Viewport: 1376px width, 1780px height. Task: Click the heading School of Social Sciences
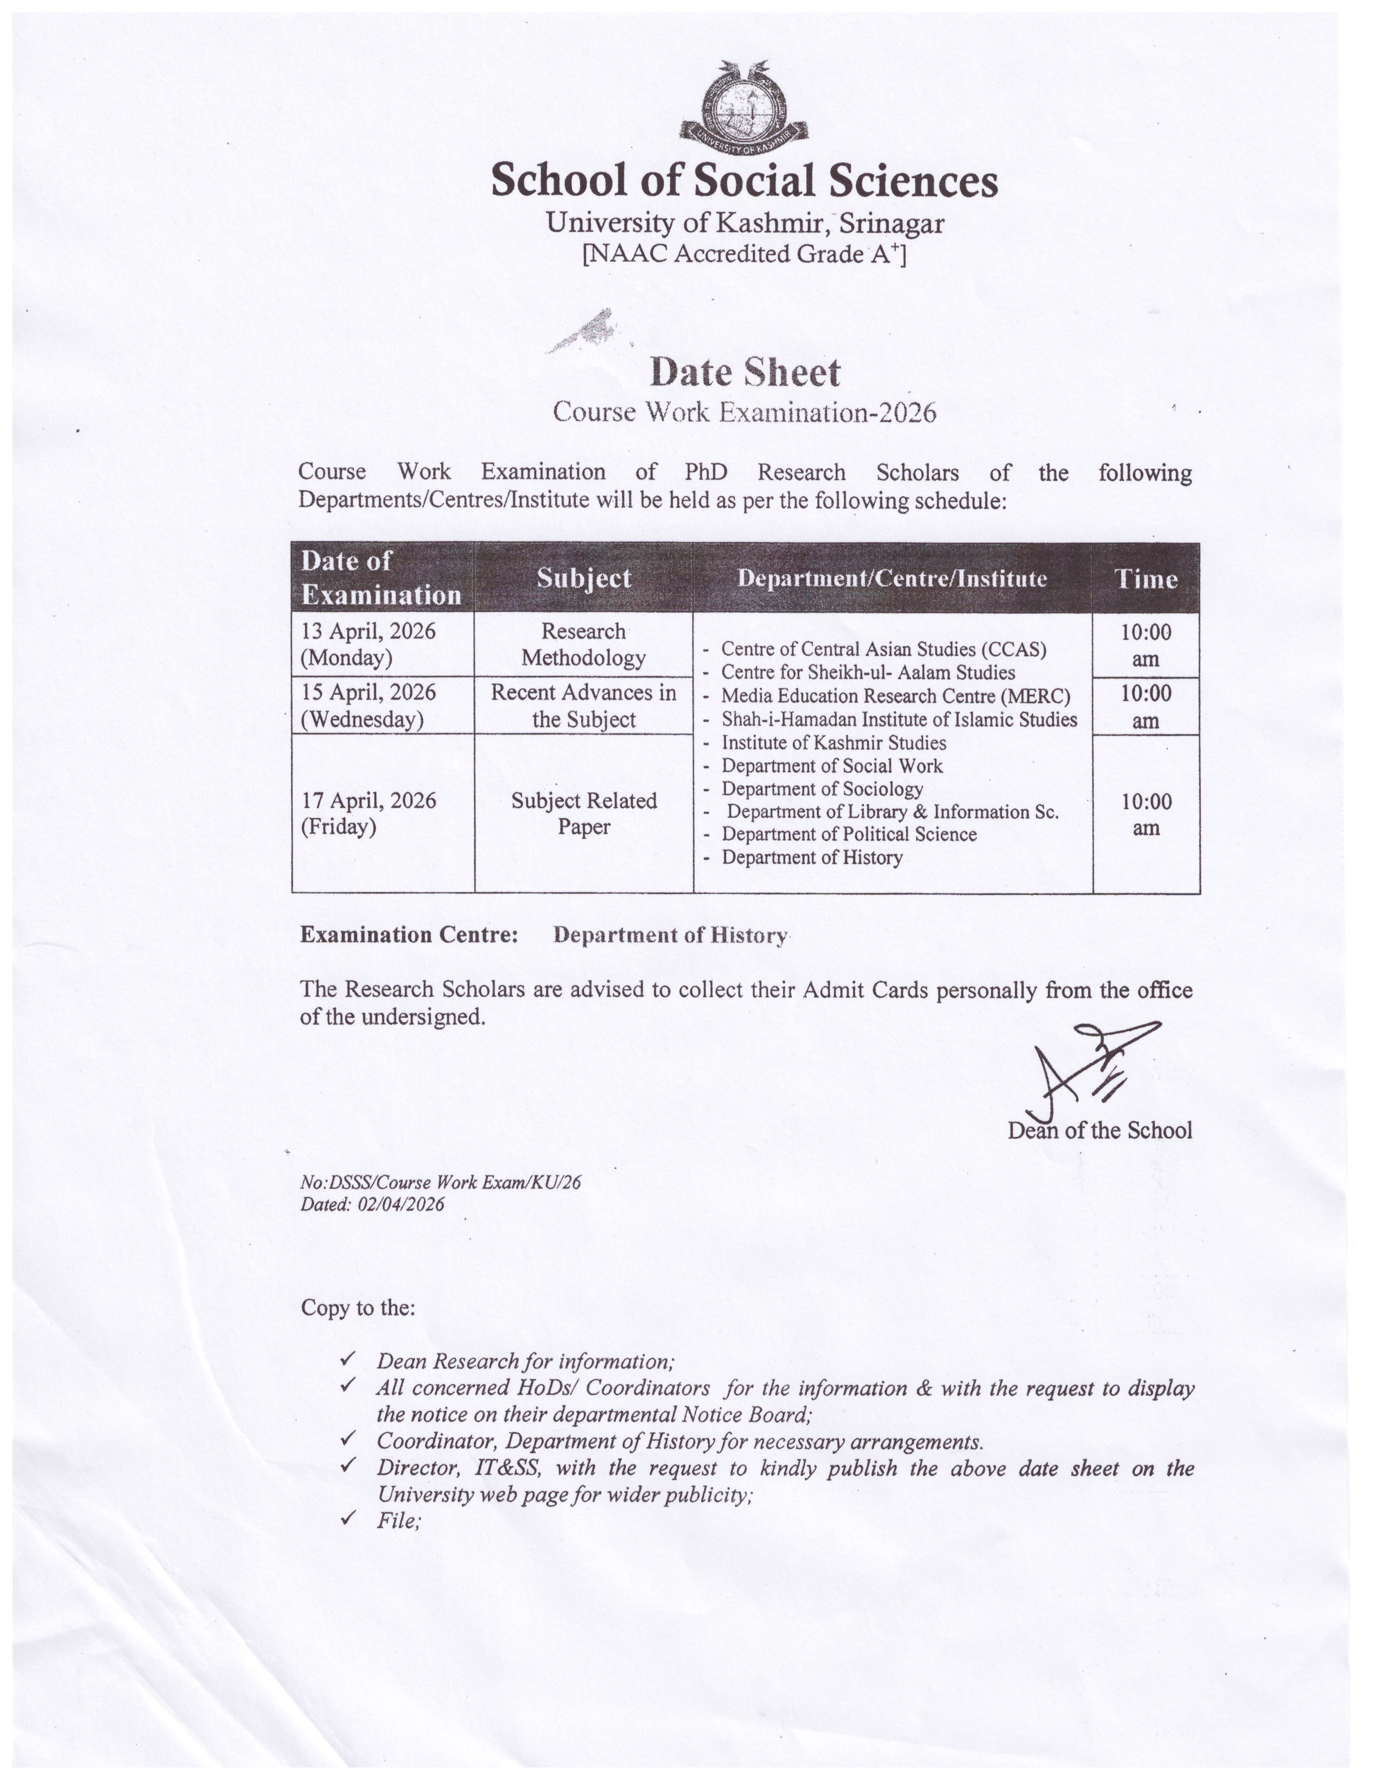coord(744,180)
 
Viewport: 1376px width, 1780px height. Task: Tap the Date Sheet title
coord(744,373)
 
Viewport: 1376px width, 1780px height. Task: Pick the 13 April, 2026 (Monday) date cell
coord(369,644)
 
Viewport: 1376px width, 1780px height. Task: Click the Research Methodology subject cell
coord(584,644)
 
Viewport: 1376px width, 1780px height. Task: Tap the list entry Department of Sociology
coord(822,789)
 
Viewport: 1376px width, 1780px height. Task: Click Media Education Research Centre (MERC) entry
coord(895,696)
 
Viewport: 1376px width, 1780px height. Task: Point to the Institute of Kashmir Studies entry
coord(833,743)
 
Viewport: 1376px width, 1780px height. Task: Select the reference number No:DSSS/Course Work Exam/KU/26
coord(440,1182)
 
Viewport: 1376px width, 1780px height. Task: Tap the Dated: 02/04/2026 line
coord(372,1204)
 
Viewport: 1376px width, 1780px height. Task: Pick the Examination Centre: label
coord(409,935)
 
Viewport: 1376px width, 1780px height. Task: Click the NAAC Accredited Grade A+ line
coord(744,254)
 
